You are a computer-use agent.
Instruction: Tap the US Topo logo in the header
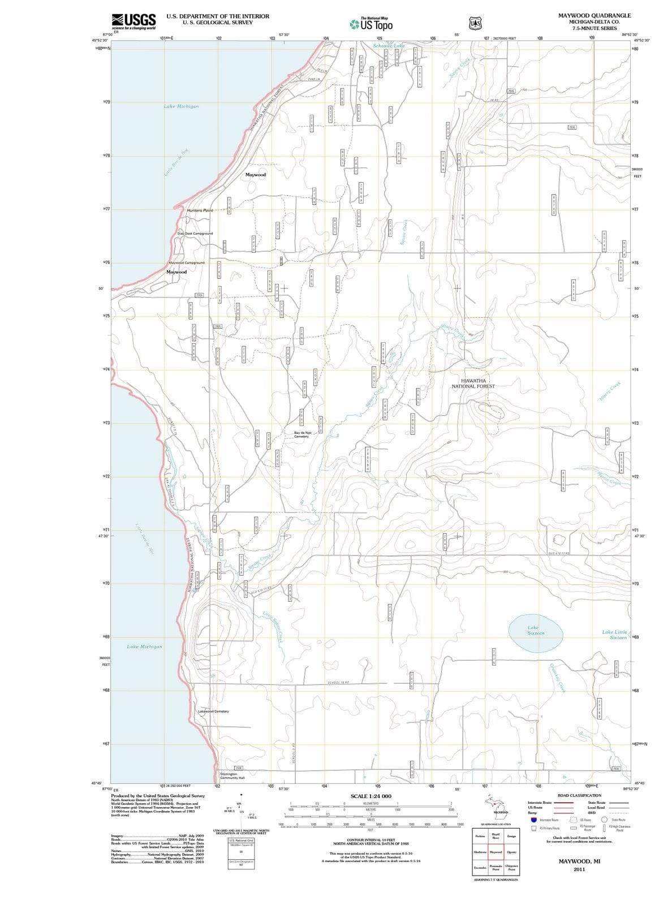coord(371,24)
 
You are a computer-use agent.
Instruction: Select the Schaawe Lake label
coord(389,45)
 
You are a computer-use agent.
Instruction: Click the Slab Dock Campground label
coord(195,233)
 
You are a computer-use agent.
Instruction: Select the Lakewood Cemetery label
coord(214,711)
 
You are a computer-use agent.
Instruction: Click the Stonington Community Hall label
coord(232,776)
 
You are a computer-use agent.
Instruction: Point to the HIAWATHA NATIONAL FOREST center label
coord(473,383)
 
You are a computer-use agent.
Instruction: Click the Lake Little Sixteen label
coord(615,635)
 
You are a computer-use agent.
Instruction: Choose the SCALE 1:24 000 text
coord(371,796)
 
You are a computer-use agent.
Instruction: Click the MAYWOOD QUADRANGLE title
coord(595,15)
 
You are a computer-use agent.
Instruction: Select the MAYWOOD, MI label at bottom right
coord(579,861)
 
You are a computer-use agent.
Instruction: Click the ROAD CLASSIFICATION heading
coord(579,795)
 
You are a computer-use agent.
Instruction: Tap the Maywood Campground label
coord(187,262)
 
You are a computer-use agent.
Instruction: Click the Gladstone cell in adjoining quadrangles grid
coord(480,852)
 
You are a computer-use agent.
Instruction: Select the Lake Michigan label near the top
coord(181,106)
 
